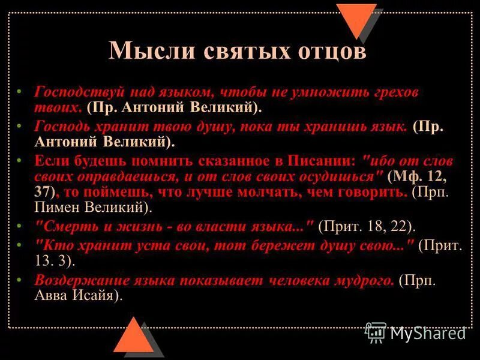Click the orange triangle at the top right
coord(356,18)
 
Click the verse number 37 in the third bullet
coord(44,192)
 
